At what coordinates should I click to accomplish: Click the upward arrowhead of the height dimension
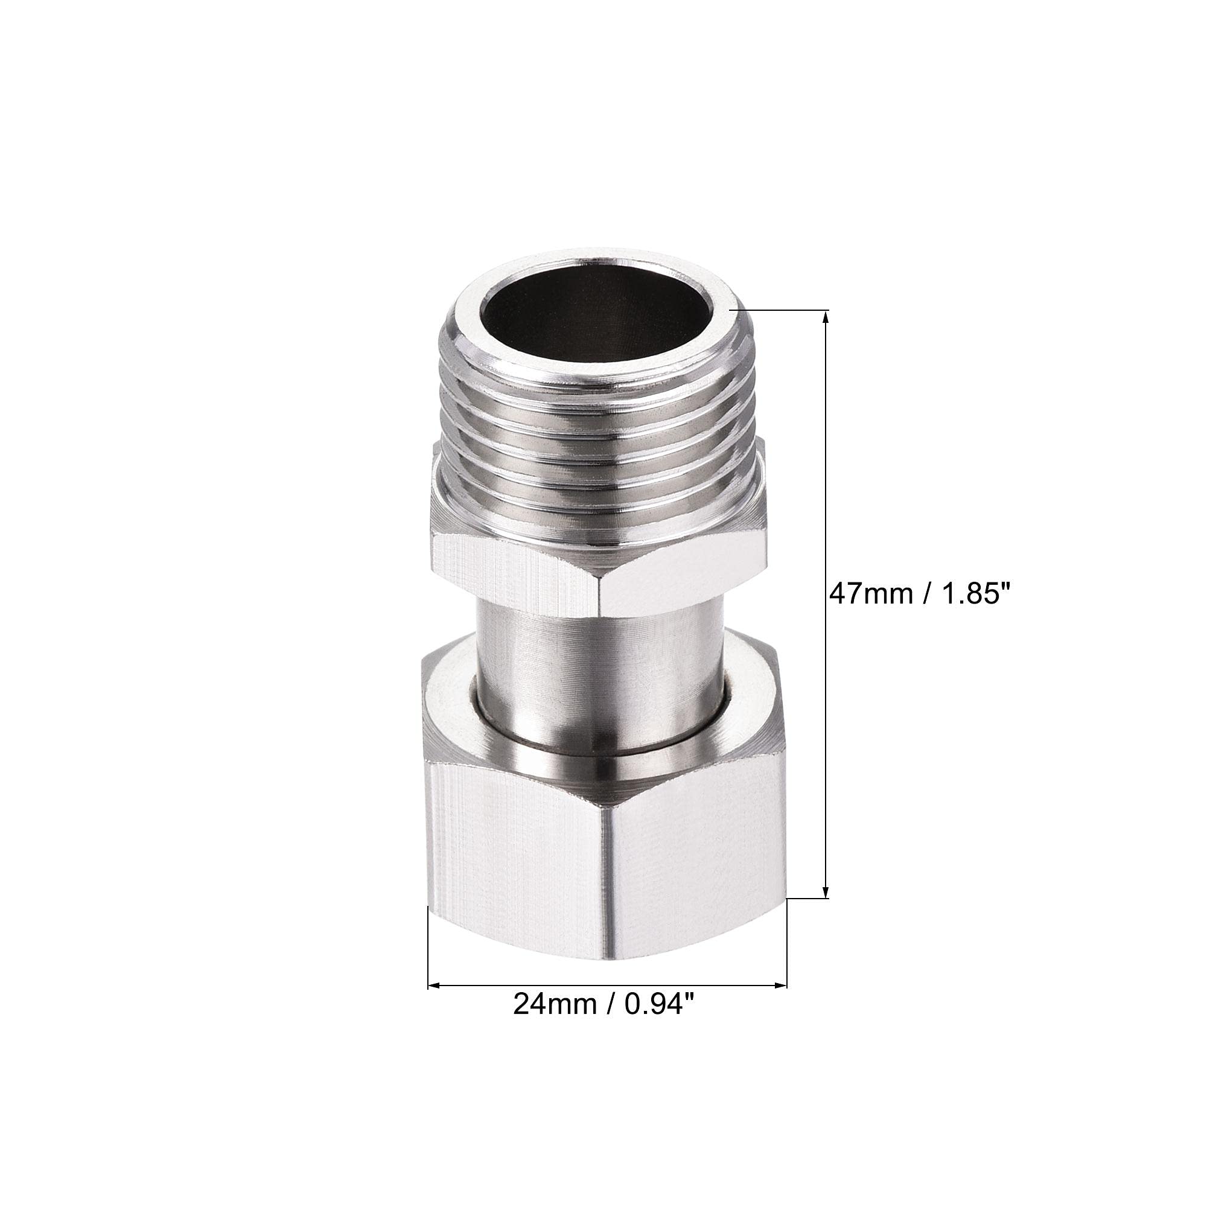coord(827,319)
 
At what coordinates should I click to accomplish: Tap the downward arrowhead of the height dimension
coord(827,889)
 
